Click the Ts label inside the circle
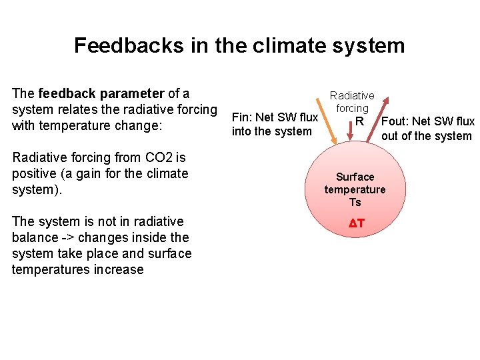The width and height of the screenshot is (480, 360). pos(355,202)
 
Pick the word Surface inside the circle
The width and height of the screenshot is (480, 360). pos(355,177)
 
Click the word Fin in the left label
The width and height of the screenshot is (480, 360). pos(240,118)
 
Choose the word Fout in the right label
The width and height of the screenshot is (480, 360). pos(395,121)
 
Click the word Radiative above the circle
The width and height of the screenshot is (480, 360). pos(352,96)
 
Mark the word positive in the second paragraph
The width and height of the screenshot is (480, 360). pos(35,174)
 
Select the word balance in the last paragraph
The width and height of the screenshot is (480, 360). pos(35,237)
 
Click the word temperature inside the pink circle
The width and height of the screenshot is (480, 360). pos(355,189)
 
